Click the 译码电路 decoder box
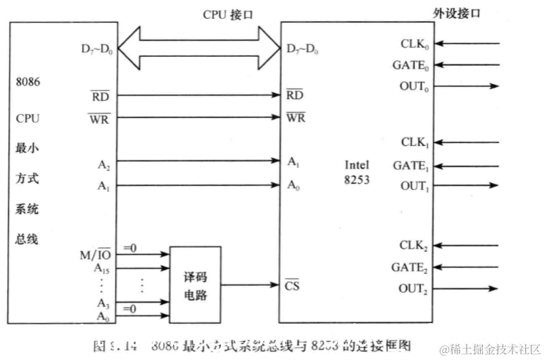tap(196, 278)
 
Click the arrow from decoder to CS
tap(250, 286)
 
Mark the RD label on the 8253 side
tap(295, 96)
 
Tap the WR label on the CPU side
tap(100, 119)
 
